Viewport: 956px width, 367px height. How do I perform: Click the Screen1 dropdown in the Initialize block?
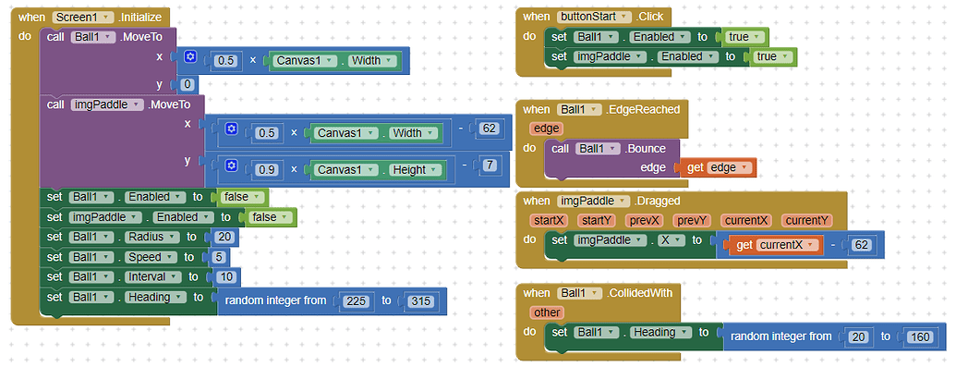tap(84, 18)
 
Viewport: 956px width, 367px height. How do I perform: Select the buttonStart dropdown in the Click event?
tap(595, 17)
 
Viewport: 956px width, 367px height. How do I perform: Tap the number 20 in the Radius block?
tap(223, 237)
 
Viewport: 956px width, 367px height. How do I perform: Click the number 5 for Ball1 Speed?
tap(217, 257)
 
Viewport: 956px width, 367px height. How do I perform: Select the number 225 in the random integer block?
tap(356, 300)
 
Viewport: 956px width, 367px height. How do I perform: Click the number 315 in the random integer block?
tap(419, 300)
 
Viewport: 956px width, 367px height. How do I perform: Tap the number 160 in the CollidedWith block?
tap(920, 336)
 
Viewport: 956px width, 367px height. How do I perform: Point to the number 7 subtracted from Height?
tap(489, 165)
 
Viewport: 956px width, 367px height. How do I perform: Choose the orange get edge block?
tap(720, 167)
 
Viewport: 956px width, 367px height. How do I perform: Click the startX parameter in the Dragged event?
tap(548, 220)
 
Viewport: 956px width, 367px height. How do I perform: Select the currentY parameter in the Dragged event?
tap(806, 220)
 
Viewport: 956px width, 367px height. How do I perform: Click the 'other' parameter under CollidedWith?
tap(548, 312)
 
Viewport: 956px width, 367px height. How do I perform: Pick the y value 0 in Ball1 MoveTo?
tap(188, 84)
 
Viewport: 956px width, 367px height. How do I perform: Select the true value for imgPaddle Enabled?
tap(766, 56)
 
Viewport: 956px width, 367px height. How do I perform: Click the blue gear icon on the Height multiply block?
tap(232, 166)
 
